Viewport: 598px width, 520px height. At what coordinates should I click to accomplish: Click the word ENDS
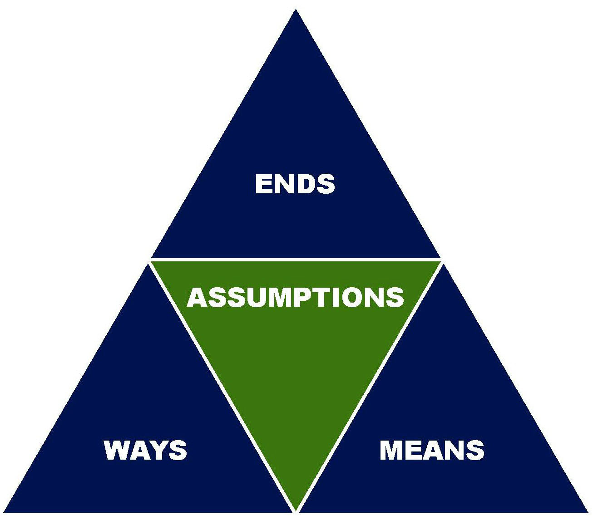(295, 184)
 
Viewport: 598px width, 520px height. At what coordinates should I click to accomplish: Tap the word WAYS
(145, 450)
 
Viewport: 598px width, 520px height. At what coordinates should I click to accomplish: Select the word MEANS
(432, 450)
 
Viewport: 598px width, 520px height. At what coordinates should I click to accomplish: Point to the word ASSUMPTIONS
(296, 297)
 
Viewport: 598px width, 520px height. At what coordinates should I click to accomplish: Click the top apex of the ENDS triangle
(296, 10)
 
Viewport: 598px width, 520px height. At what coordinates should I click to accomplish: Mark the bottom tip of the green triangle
(296, 510)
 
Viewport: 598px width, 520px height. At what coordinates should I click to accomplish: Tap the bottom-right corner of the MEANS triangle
(588, 513)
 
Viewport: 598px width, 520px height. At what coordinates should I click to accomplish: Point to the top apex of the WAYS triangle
(148, 264)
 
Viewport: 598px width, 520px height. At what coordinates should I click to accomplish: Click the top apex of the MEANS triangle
(444, 264)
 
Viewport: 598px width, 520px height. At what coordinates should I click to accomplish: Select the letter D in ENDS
(305, 184)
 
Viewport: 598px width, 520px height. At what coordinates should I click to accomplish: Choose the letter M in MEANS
(392, 450)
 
